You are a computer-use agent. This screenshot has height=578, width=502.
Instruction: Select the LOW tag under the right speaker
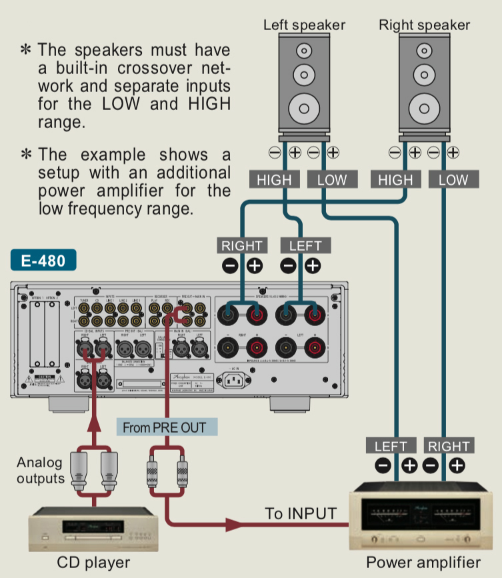pyautogui.click(x=453, y=179)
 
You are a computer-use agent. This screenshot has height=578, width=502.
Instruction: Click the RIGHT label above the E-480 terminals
pyautogui.click(x=242, y=245)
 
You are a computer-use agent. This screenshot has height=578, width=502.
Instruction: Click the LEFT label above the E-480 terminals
pyautogui.click(x=305, y=245)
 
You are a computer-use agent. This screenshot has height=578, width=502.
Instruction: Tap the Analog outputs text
pyautogui.click(x=39, y=470)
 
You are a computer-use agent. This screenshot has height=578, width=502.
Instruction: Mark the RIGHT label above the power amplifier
pyautogui.click(x=449, y=446)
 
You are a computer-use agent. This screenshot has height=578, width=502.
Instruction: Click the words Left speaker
pyautogui.click(x=304, y=25)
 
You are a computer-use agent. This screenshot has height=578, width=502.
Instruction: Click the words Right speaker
pyautogui.click(x=424, y=25)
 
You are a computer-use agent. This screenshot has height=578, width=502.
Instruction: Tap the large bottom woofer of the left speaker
pyautogui.click(x=304, y=107)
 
